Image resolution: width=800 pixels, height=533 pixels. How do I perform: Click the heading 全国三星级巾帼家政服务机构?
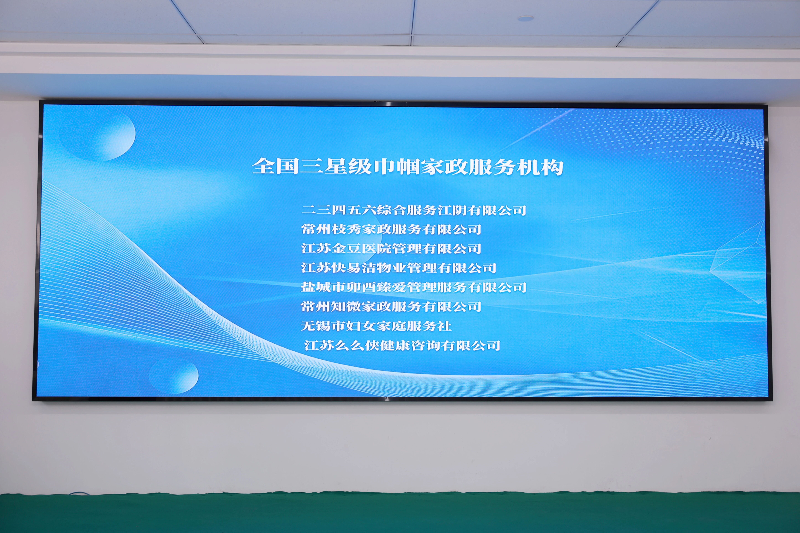408,167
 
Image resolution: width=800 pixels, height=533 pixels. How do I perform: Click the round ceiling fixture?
525,18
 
